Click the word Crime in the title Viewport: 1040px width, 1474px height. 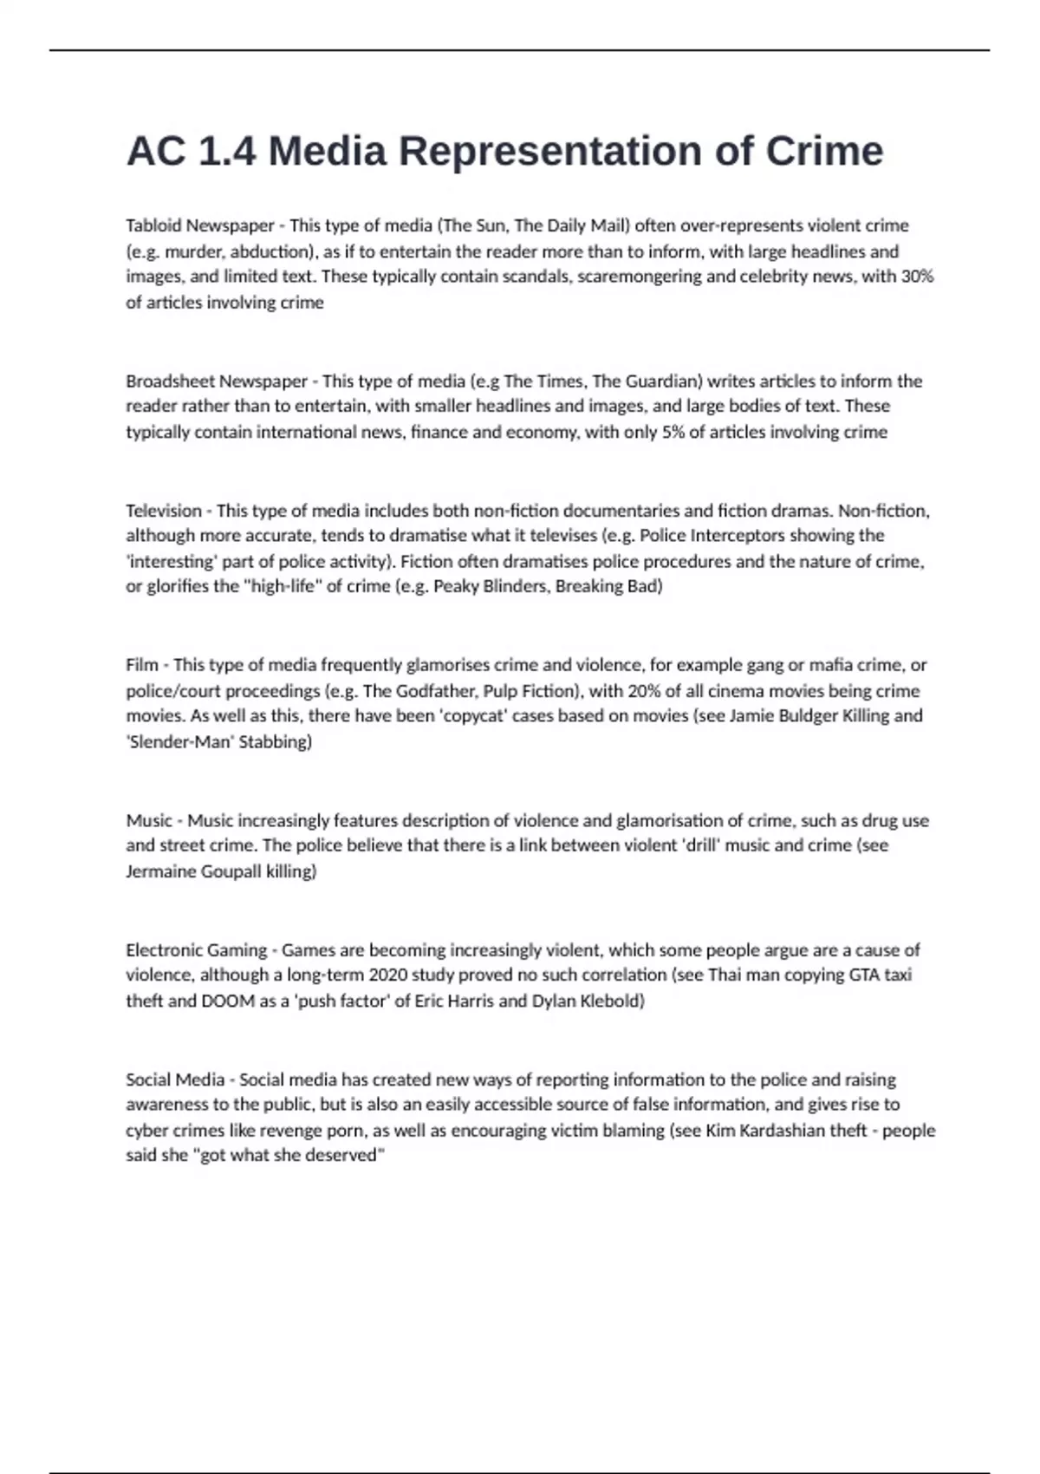(x=823, y=152)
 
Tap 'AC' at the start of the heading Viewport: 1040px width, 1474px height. (x=155, y=152)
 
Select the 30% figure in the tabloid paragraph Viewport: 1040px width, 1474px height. (x=917, y=277)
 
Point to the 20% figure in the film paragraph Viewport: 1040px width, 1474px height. (x=621, y=691)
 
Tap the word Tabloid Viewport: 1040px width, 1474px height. (x=153, y=225)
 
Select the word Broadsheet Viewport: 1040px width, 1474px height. (x=170, y=381)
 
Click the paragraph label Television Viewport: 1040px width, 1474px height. (x=163, y=510)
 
